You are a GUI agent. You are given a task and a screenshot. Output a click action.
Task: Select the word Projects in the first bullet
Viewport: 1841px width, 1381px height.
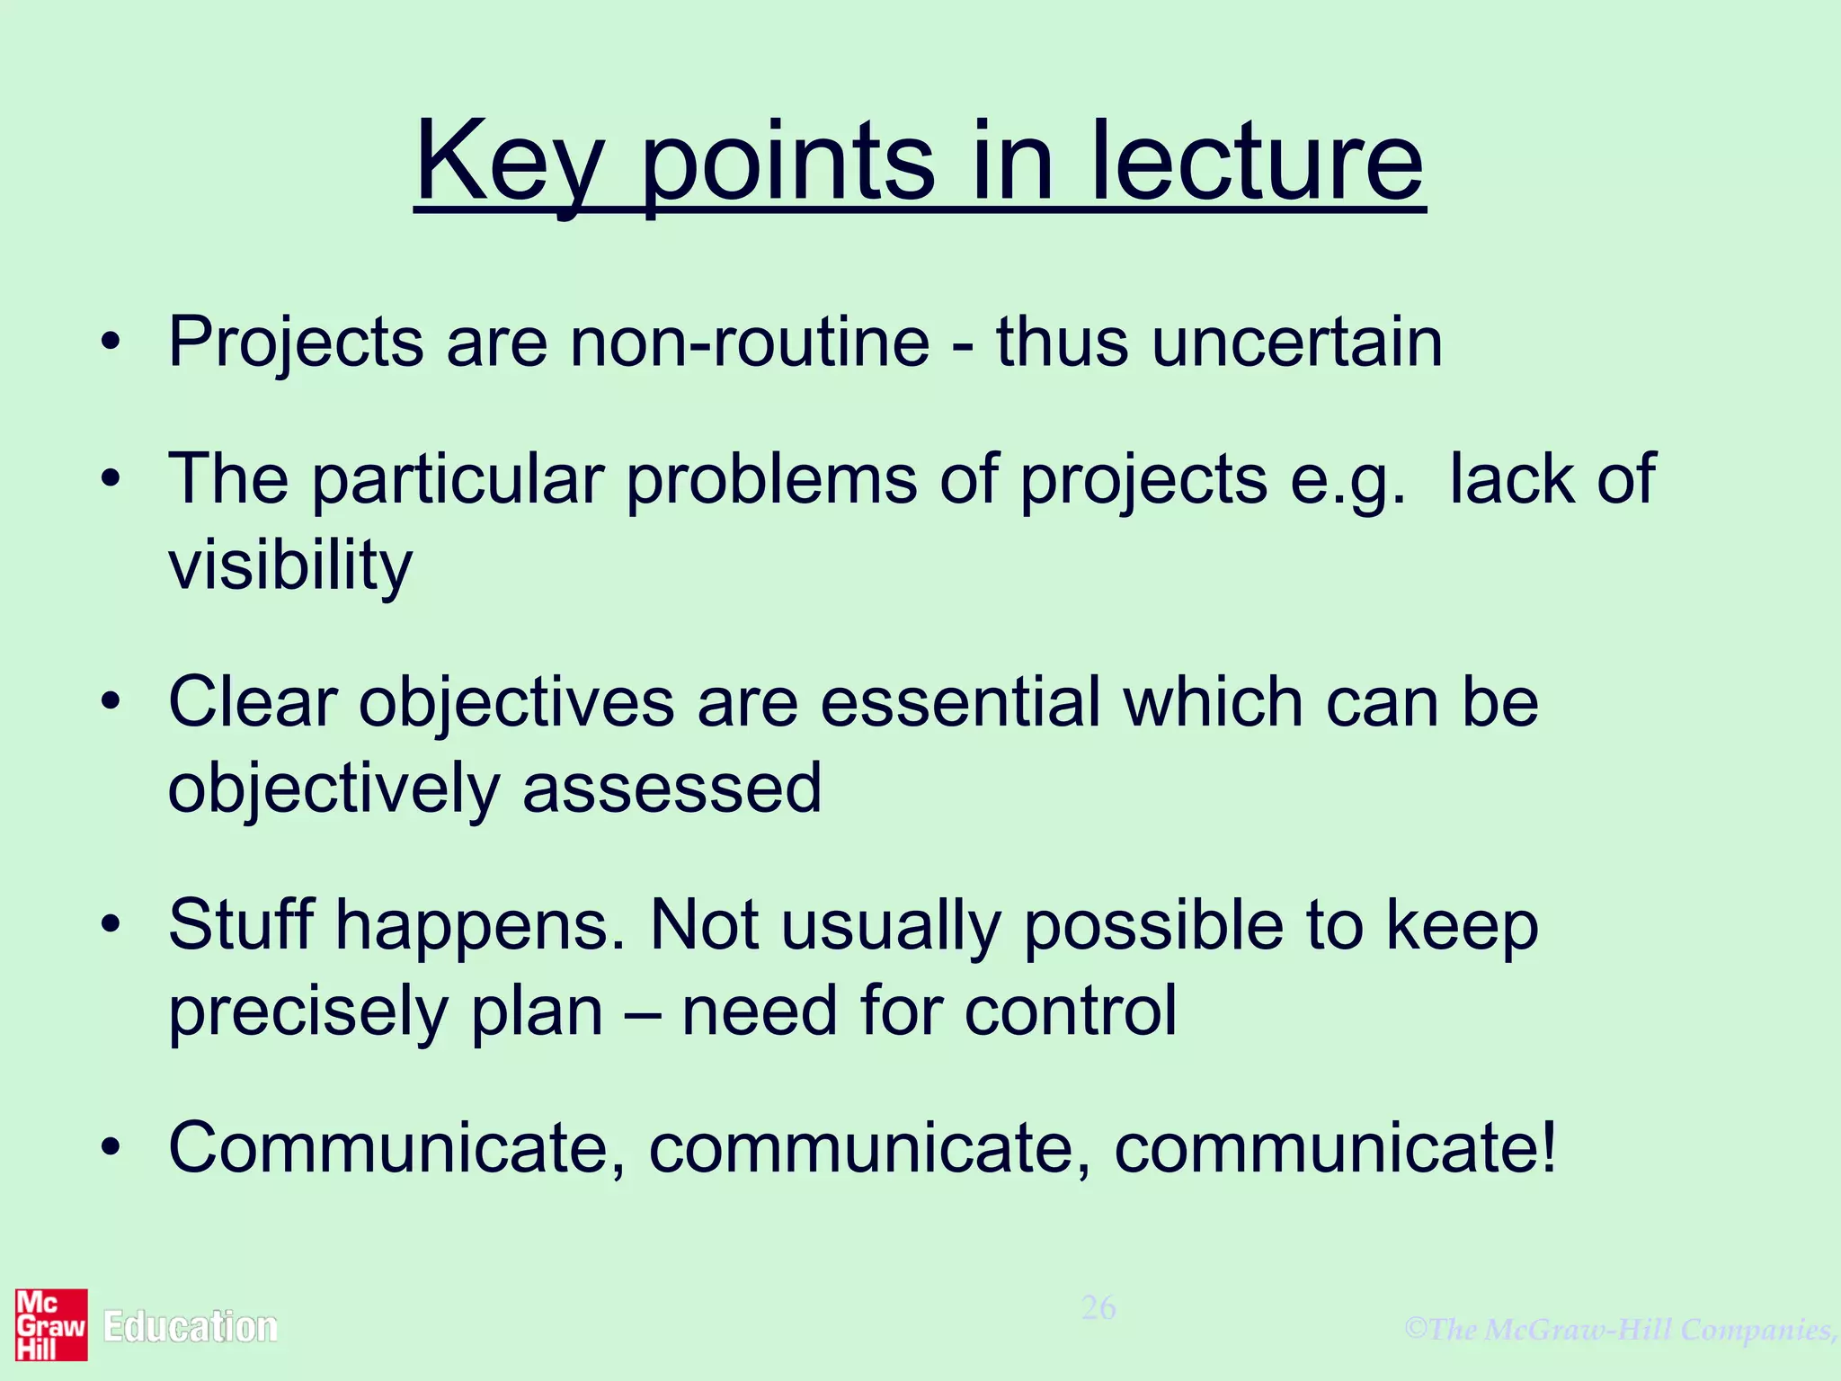pyautogui.click(x=296, y=343)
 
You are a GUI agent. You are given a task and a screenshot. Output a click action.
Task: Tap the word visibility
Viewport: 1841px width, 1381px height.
pyautogui.click(x=289, y=566)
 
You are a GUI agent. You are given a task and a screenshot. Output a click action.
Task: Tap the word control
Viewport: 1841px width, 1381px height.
pyautogui.click(x=1070, y=1011)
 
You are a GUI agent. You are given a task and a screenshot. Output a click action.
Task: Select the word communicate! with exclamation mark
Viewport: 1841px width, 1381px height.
pyautogui.click(x=1334, y=1148)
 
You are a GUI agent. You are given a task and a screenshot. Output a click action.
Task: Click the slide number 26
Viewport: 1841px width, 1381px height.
pyautogui.click(x=1098, y=1307)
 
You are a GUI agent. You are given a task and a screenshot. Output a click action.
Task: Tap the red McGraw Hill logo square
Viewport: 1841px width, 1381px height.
pyautogui.click(x=51, y=1324)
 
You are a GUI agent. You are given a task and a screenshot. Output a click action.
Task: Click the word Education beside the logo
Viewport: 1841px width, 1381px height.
pyautogui.click(x=190, y=1327)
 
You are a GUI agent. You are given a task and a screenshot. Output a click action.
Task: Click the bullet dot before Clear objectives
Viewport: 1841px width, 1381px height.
pyautogui.click(x=110, y=701)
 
